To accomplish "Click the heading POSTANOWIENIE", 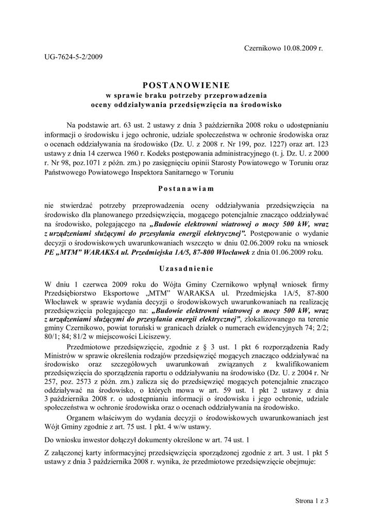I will [186, 85].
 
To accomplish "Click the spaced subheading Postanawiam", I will [186, 188].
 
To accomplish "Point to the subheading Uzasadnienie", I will [186, 269].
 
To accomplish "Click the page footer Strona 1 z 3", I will [312, 500].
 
